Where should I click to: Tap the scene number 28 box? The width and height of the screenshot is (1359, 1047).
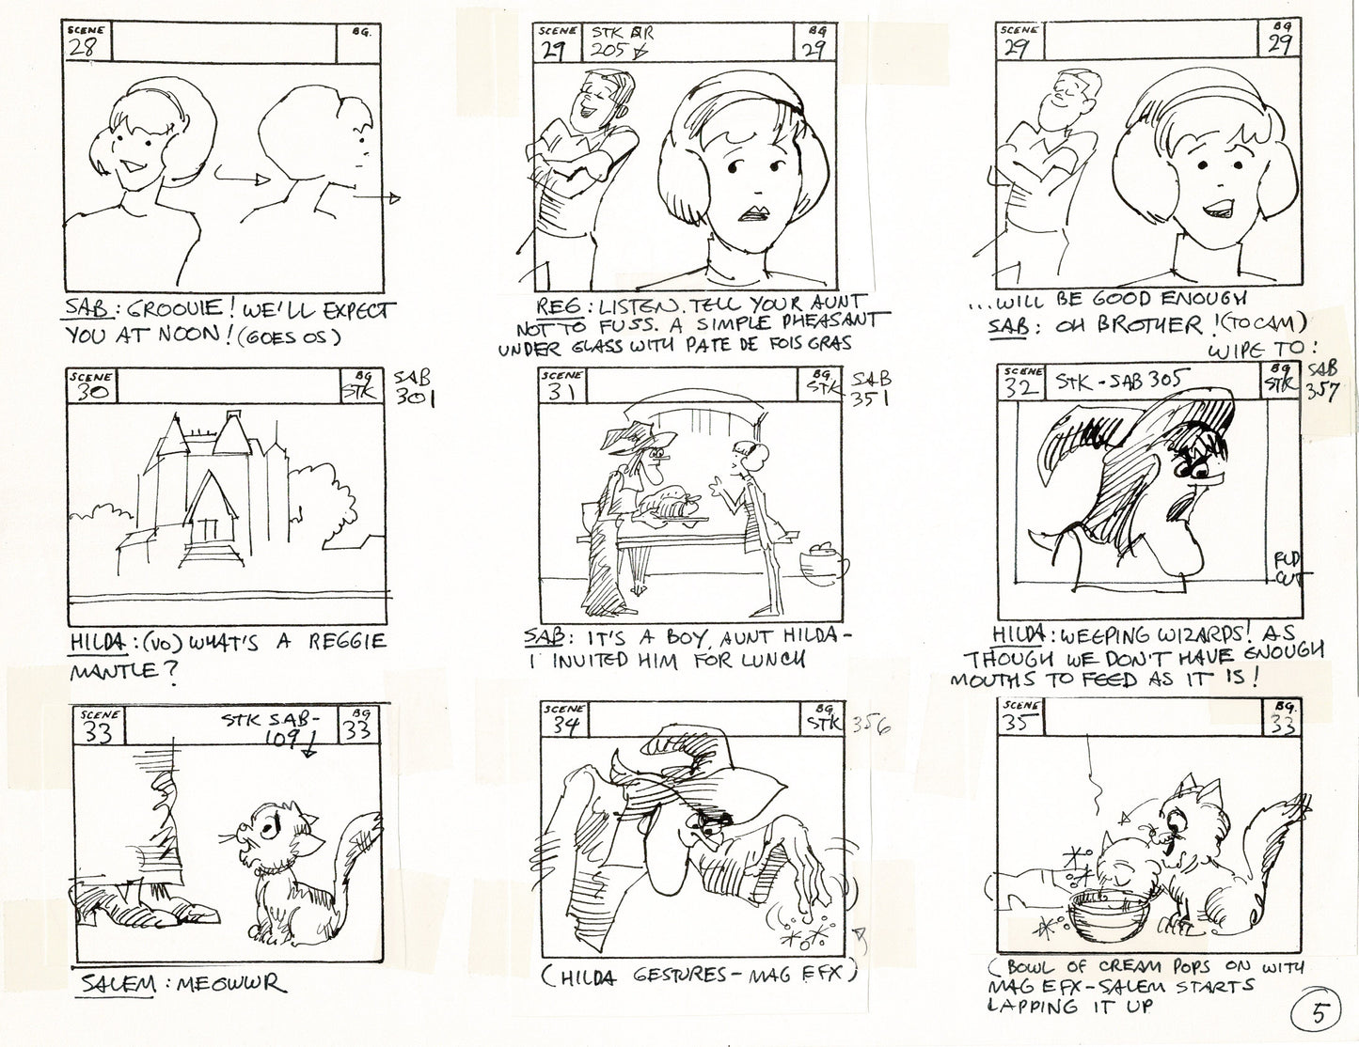pyautogui.click(x=85, y=42)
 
